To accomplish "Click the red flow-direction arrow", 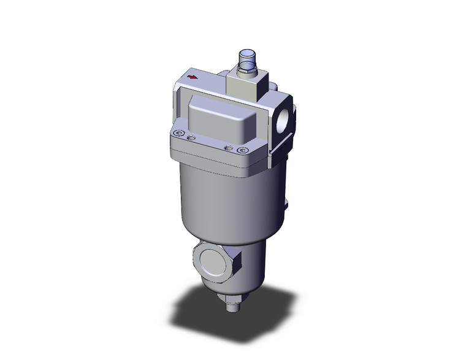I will click(193, 77).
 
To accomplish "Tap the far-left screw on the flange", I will click(178, 135).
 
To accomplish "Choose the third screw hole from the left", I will click(229, 147).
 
